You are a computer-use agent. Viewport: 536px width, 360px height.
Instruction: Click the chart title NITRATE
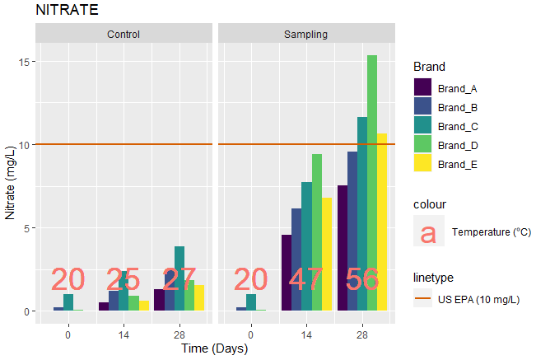[x=67, y=11]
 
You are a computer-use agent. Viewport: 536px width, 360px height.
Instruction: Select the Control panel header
[x=124, y=35]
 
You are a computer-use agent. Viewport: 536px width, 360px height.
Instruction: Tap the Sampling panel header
[x=305, y=35]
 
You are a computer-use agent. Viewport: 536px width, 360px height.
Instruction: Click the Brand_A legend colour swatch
[x=423, y=88]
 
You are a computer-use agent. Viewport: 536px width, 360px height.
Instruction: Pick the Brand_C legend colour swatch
[x=423, y=126]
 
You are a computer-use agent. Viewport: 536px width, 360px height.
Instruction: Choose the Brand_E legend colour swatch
[x=423, y=164]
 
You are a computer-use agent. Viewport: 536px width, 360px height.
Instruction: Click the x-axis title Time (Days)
[x=215, y=348]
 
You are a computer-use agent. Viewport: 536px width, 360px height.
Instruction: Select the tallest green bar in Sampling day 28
[x=372, y=181]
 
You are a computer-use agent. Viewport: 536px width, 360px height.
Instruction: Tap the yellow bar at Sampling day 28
[x=382, y=222]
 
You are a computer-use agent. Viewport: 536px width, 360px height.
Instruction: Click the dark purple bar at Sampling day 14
[x=287, y=272]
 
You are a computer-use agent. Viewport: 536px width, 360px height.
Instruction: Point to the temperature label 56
[x=362, y=280]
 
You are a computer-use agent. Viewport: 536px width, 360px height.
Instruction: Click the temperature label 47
[x=306, y=280]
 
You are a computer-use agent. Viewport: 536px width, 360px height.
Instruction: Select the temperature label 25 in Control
[x=124, y=280]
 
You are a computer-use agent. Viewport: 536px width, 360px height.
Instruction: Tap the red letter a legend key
[x=428, y=231]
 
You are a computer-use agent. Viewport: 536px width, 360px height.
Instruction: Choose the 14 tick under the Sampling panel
[x=306, y=335]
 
